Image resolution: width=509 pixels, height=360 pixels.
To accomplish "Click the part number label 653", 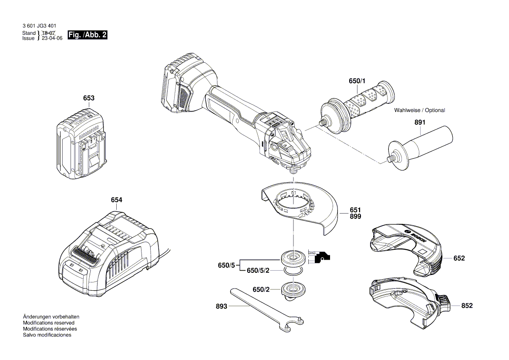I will [x=89, y=98].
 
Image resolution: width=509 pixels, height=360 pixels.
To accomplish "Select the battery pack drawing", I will [x=81, y=147].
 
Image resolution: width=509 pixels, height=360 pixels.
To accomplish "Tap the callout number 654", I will [x=116, y=200].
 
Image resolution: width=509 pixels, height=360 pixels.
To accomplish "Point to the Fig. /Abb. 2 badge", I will [x=88, y=35].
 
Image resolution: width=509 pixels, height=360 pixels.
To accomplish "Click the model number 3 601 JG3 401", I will [x=39, y=26].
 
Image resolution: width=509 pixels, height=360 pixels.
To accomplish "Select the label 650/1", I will [x=357, y=81].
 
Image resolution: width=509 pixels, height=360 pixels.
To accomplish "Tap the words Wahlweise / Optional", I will [x=419, y=110].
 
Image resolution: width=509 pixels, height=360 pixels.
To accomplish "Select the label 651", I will [x=355, y=210].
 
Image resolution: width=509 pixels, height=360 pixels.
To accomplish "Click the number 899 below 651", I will [x=355, y=217].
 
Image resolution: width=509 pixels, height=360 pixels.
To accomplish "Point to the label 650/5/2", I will [x=258, y=271].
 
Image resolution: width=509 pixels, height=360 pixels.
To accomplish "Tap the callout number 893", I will [x=222, y=306].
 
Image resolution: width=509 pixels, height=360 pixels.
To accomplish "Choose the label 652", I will [x=459, y=258].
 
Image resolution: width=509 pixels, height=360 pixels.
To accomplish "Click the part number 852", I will [x=466, y=306].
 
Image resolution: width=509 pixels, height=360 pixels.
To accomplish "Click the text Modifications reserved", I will [x=48, y=323].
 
